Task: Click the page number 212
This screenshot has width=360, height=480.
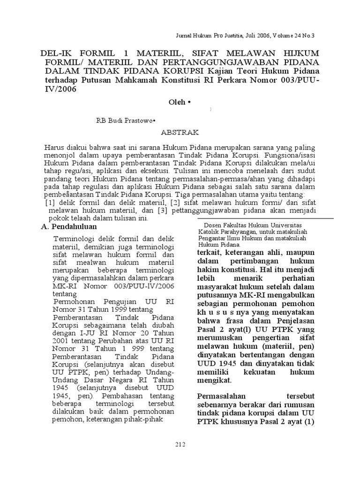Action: coord(180,444)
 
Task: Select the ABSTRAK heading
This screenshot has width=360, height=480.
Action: coord(181,133)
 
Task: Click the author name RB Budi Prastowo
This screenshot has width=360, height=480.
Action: coord(125,120)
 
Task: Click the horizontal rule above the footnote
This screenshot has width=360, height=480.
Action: coord(265,218)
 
